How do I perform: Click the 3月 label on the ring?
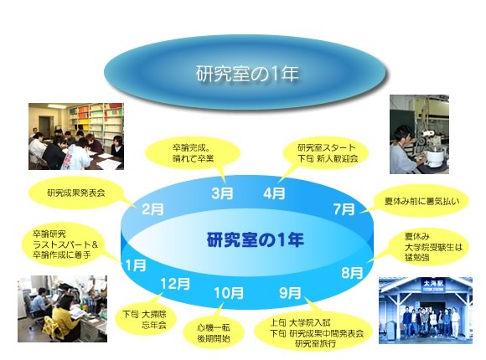click(x=222, y=193)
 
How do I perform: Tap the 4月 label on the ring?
click(x=274, y=193)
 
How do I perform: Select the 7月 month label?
click(x=344, y=209)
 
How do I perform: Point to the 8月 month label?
click(x=352, y=273)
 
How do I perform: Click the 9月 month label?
click(x=290, y=292)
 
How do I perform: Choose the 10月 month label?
click(x=229, y=293)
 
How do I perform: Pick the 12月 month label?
click(x=175, y=284)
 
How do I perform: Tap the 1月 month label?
click(x=136, y=265)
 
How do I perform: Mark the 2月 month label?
click(x=153, y=209)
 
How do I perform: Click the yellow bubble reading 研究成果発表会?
click(x=75, y=193)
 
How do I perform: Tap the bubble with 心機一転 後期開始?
click(x=214, y=333)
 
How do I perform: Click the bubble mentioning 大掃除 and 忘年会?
click(x=145, y=319)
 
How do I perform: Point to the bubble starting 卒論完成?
click(x=193, y=154)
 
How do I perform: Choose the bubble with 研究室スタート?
click(x=325, y=154)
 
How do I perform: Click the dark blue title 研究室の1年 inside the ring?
click(x=255, y=239)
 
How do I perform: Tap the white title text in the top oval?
click(x=247, y=74)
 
